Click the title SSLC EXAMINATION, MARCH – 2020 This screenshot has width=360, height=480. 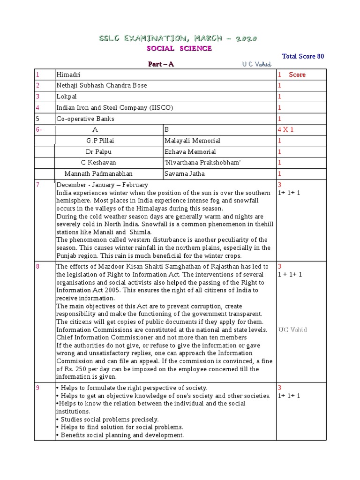coord(179,38)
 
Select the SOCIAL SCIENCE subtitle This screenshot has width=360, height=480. coord(179,48)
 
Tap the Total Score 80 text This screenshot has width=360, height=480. coord(302,56)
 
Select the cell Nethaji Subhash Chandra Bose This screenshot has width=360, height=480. coord(101,86)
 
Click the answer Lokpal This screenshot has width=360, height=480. coord(66,97)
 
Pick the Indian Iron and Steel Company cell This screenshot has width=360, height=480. coord(114,108)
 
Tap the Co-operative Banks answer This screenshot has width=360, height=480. coord(85,119)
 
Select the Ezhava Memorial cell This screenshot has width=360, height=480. coord(190,152)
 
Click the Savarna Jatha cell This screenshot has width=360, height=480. coord(185,173)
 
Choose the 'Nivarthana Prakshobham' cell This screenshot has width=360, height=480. coord(196,163)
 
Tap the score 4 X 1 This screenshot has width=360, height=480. coord(285,130)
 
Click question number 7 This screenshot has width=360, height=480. coord(38,185)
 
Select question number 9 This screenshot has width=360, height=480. coord(38,388)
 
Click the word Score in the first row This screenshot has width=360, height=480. coord(297,75)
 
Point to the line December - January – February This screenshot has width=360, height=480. coord(102,185)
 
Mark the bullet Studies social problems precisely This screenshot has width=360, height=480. coord(107,419)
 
